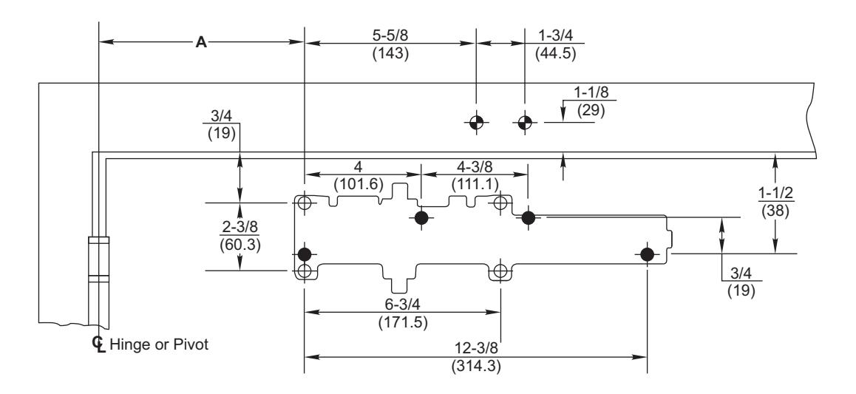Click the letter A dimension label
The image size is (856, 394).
coord(202,42)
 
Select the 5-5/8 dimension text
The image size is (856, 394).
coord(390,35)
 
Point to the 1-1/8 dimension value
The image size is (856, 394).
coord(592,92)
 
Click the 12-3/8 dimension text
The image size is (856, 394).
coord(476,348)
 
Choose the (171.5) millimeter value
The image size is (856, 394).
coord(403,322)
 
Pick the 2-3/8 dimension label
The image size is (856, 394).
coord(240,228)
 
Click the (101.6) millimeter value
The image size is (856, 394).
coord(358,184)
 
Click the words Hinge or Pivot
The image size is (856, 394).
coord(159,345)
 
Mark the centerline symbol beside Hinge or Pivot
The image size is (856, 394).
coord(99,344)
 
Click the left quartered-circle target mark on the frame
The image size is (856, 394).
coord(476,123)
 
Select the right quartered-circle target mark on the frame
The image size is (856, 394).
coord(525,123)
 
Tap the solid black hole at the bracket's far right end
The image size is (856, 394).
coord(648,254)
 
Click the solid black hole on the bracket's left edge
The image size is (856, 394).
coord(304,254)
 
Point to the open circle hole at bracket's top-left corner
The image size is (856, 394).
coord(304,203)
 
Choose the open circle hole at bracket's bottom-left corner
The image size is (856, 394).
coord(304,271)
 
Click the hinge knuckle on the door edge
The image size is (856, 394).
coord(99,259)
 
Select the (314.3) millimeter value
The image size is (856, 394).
coord(476,366)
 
